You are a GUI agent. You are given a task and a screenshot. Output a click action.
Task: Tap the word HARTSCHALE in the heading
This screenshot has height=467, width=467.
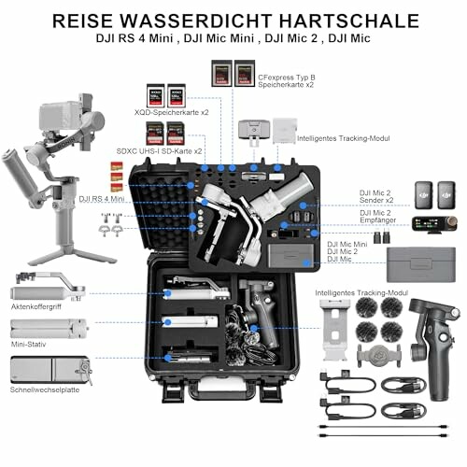pos(359,19)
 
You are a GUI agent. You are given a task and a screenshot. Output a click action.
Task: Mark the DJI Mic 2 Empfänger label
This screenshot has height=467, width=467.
pos(382,218)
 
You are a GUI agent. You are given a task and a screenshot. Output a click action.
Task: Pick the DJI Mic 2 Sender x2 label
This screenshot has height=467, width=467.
pos(382,195)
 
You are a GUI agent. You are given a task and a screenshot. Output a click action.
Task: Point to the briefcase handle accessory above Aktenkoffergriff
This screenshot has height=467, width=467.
pos(47,283)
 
